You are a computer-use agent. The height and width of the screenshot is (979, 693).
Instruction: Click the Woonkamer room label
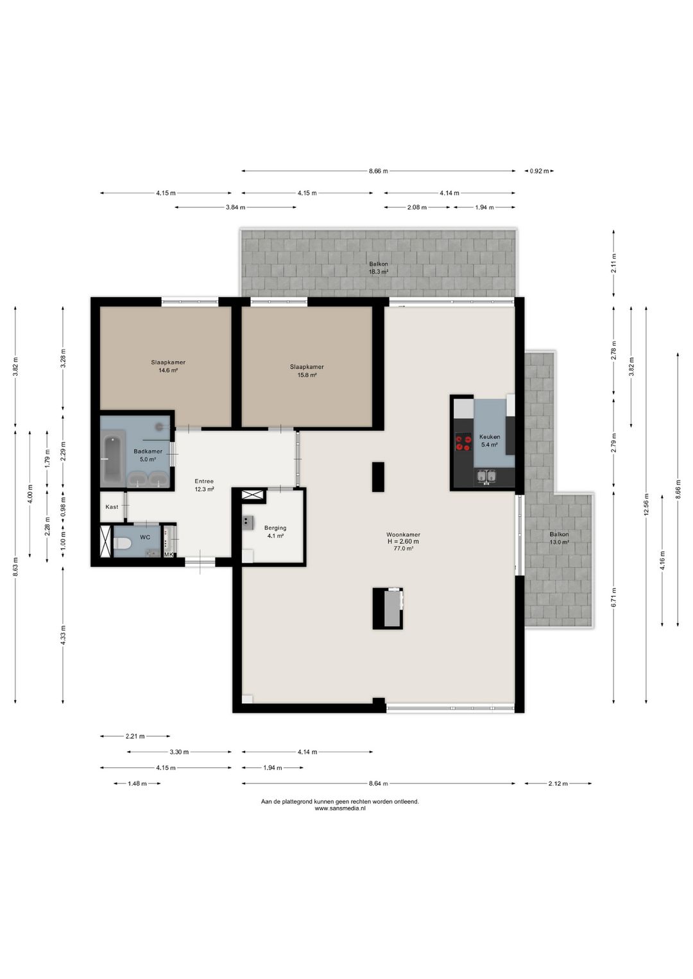tap(403, 534)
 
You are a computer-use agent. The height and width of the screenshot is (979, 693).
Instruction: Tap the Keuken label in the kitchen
tap(489, 437)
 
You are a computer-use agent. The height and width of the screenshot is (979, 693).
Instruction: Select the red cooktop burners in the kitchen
tap(463, 442)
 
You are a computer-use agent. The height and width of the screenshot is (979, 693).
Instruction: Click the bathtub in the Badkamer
tap(114, 457)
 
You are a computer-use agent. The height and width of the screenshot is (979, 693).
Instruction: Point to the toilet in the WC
tap(123, 543)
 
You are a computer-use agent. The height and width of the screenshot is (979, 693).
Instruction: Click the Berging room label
tap(275, 528)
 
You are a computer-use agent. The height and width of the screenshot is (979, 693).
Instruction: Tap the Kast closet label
tap(112, 507)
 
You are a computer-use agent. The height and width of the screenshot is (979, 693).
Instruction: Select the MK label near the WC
tap(169, 555)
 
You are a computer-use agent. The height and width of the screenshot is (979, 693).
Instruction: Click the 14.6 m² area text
tap(168, 370)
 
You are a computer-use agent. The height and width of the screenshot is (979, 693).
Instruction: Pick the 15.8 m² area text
tap(307, 375)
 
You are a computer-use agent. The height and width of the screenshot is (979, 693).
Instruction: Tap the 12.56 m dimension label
tap(646, 504)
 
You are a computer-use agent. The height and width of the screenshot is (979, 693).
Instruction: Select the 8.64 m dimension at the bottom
tap(378, 783)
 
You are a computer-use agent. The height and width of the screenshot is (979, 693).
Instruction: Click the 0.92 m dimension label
tap(539, 171)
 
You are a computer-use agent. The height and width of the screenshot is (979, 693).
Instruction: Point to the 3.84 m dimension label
tap(235, 207)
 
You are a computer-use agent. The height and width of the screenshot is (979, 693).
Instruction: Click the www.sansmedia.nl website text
tap(339, 808)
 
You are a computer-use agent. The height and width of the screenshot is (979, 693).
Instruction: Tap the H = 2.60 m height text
tap(403, 541)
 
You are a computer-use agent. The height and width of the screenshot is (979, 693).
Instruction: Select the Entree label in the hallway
tap(204, 481)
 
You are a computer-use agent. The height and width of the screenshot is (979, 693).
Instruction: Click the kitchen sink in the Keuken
tap(486, 477)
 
